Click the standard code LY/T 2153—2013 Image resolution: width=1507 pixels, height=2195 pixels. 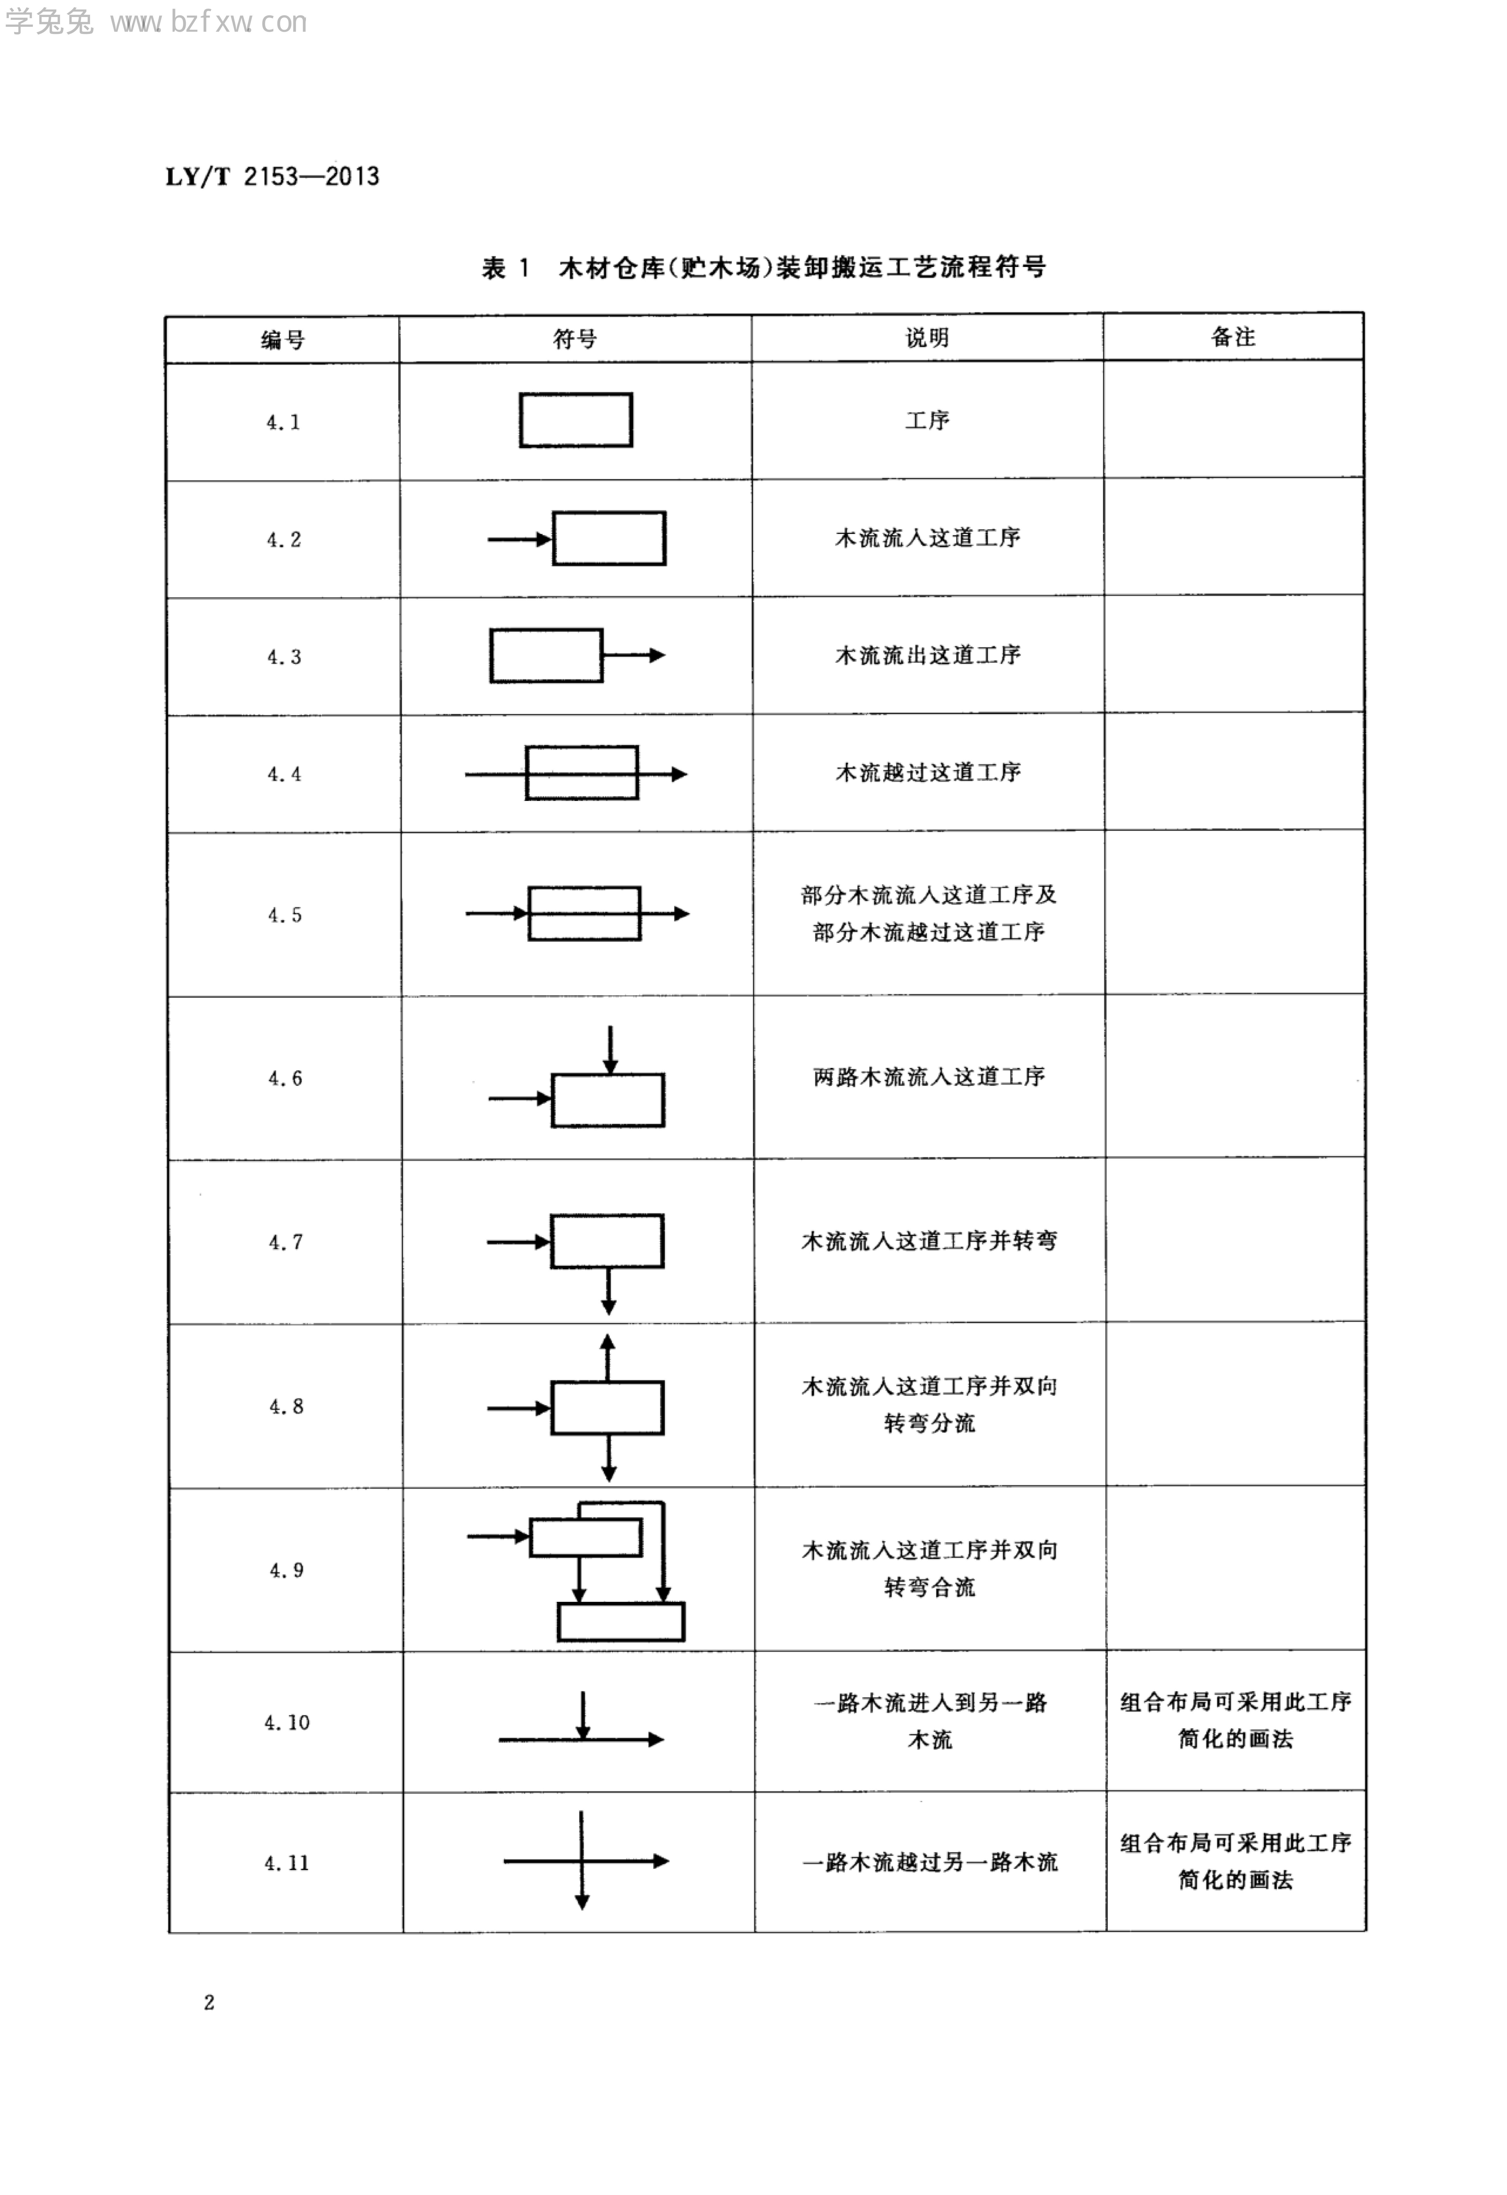(272, 177)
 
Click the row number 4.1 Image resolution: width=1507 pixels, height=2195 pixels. (283, 422)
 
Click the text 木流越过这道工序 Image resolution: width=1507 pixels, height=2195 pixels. (927, 773)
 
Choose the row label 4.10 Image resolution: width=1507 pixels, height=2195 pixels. (286, 1722)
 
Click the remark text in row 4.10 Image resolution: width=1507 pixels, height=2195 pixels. (1235, 1720)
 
